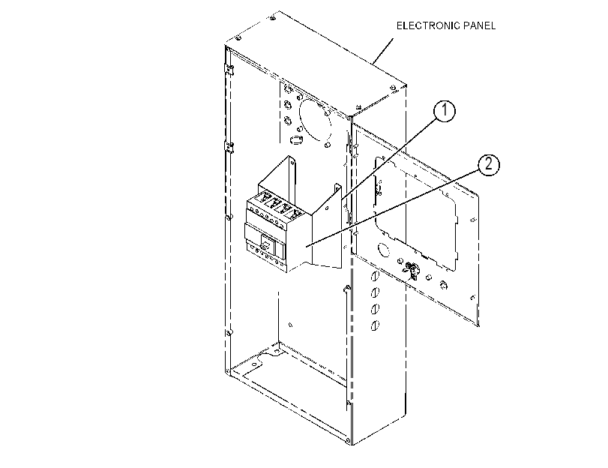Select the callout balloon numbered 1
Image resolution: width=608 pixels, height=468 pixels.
click(x=445, y=111)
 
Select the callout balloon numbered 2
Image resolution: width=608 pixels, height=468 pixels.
click(x=488, y=164)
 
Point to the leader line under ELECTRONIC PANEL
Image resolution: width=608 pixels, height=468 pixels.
click(x=382, y=51)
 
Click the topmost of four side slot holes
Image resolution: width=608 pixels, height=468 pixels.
click(x=375, y=277)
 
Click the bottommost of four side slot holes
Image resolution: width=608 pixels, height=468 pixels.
click(x=375, y=325)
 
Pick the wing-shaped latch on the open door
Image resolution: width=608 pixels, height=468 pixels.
click(x=411, y=269)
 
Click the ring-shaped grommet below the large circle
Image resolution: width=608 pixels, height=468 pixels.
click(x=297, y=139)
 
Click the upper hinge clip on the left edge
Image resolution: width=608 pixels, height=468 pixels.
click(x=229, y=70)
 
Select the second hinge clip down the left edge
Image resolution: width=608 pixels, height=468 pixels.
click(x=229, y=147)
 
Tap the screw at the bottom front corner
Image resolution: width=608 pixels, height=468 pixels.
click(x=348, y=440)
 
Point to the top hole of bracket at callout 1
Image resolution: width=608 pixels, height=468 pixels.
click(x=337, y=189)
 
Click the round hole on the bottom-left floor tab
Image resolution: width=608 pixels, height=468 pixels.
click(x=254, y=364)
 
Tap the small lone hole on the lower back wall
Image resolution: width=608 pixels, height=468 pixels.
click(x=291, y=325)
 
